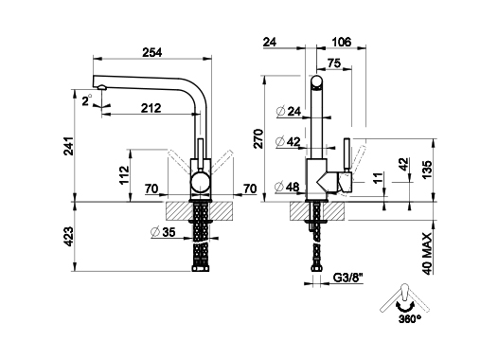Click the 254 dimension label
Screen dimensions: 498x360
pos(151,52)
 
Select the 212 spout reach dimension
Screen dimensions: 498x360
pos(151,108)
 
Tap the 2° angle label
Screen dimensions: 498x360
pos(87,100)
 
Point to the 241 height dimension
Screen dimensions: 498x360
pos(69,146)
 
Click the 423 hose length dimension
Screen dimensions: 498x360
pos(69,237)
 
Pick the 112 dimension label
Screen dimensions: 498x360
pos(124,174)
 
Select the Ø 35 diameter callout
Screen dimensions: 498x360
pos(163,232)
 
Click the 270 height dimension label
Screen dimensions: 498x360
pos(258,139)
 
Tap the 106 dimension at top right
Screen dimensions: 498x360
pos(342,42)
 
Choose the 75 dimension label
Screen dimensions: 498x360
pos(334,63)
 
